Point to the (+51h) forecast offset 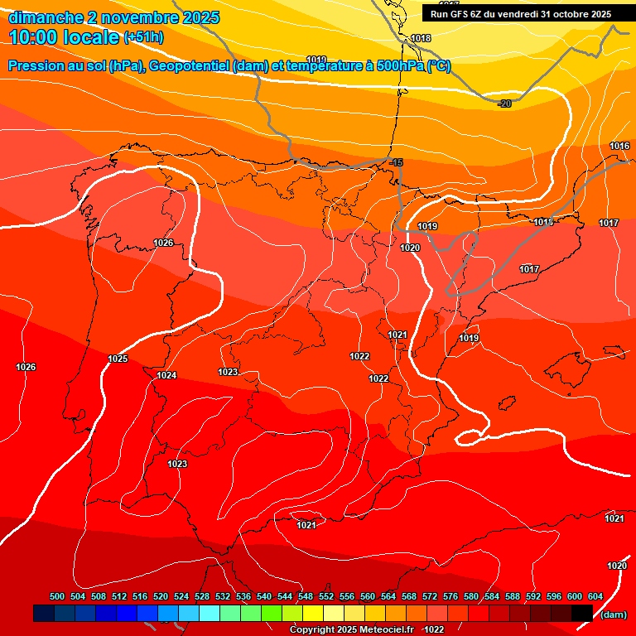coord(143,37)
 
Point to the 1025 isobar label coord(118,359)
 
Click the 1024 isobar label coord(166,375)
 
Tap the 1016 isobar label coord(619,146)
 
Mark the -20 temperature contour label coord(504,104)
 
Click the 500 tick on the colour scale coord(57,596)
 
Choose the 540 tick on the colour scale coord(264,596)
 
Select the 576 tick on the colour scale coord(450,596)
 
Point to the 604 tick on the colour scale coord(595,596)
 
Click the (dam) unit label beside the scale coord(613,614)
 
